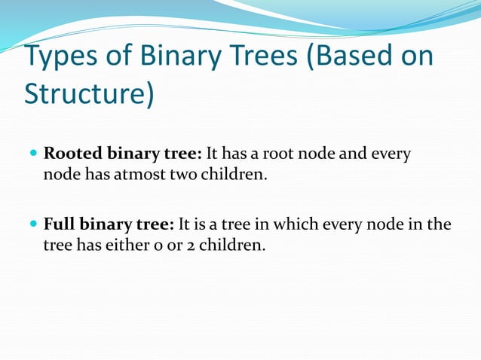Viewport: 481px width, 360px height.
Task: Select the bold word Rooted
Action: [72, 154]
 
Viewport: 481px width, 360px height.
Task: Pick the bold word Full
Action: [60, 224]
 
